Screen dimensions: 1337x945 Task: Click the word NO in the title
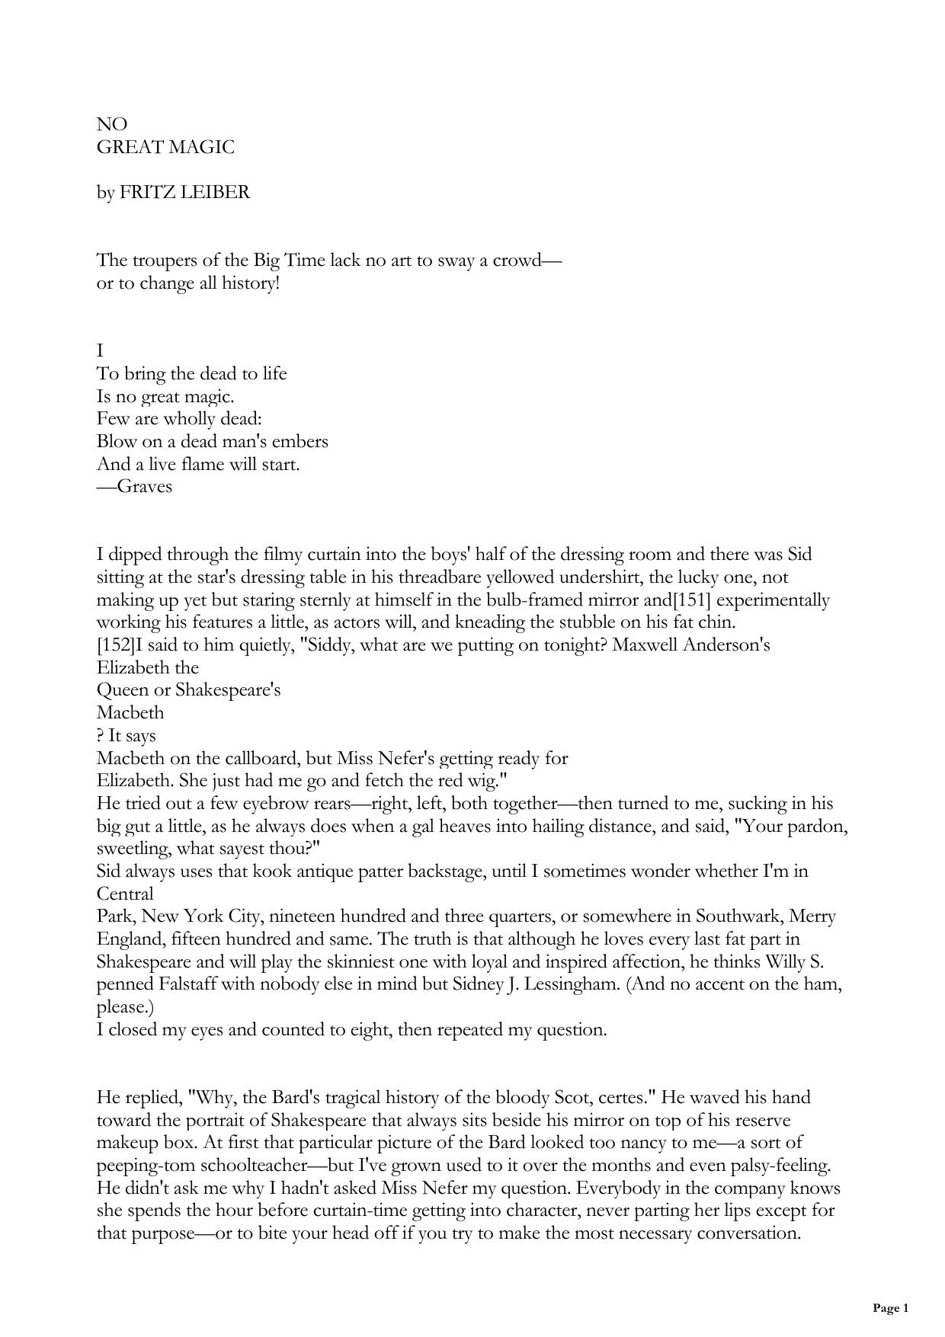tap(111, 124)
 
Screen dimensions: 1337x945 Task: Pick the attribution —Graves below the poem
tap(134, 486)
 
